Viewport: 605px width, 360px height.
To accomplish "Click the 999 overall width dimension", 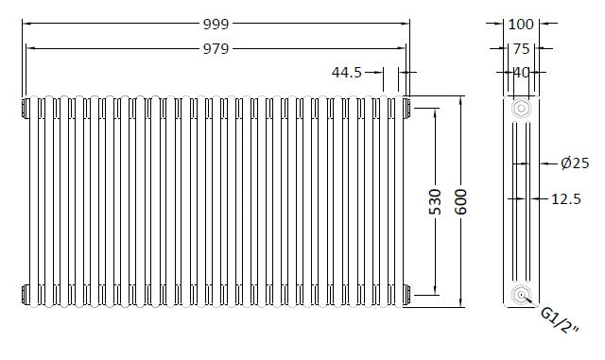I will pos(216,23).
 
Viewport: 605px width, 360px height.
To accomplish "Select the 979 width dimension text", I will pos(216,48).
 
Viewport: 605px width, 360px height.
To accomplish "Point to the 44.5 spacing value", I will pos(347,73).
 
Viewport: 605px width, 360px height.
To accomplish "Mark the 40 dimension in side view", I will pos(520,72).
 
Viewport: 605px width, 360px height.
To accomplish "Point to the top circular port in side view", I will pos(519,109).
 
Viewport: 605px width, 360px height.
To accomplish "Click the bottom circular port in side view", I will pos(519,296).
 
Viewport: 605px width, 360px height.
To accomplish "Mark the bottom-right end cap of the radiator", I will pos(406,297).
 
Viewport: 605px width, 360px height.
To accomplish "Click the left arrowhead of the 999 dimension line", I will pos(26,23).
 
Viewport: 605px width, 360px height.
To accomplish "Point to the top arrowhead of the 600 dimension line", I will pos(461,98).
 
